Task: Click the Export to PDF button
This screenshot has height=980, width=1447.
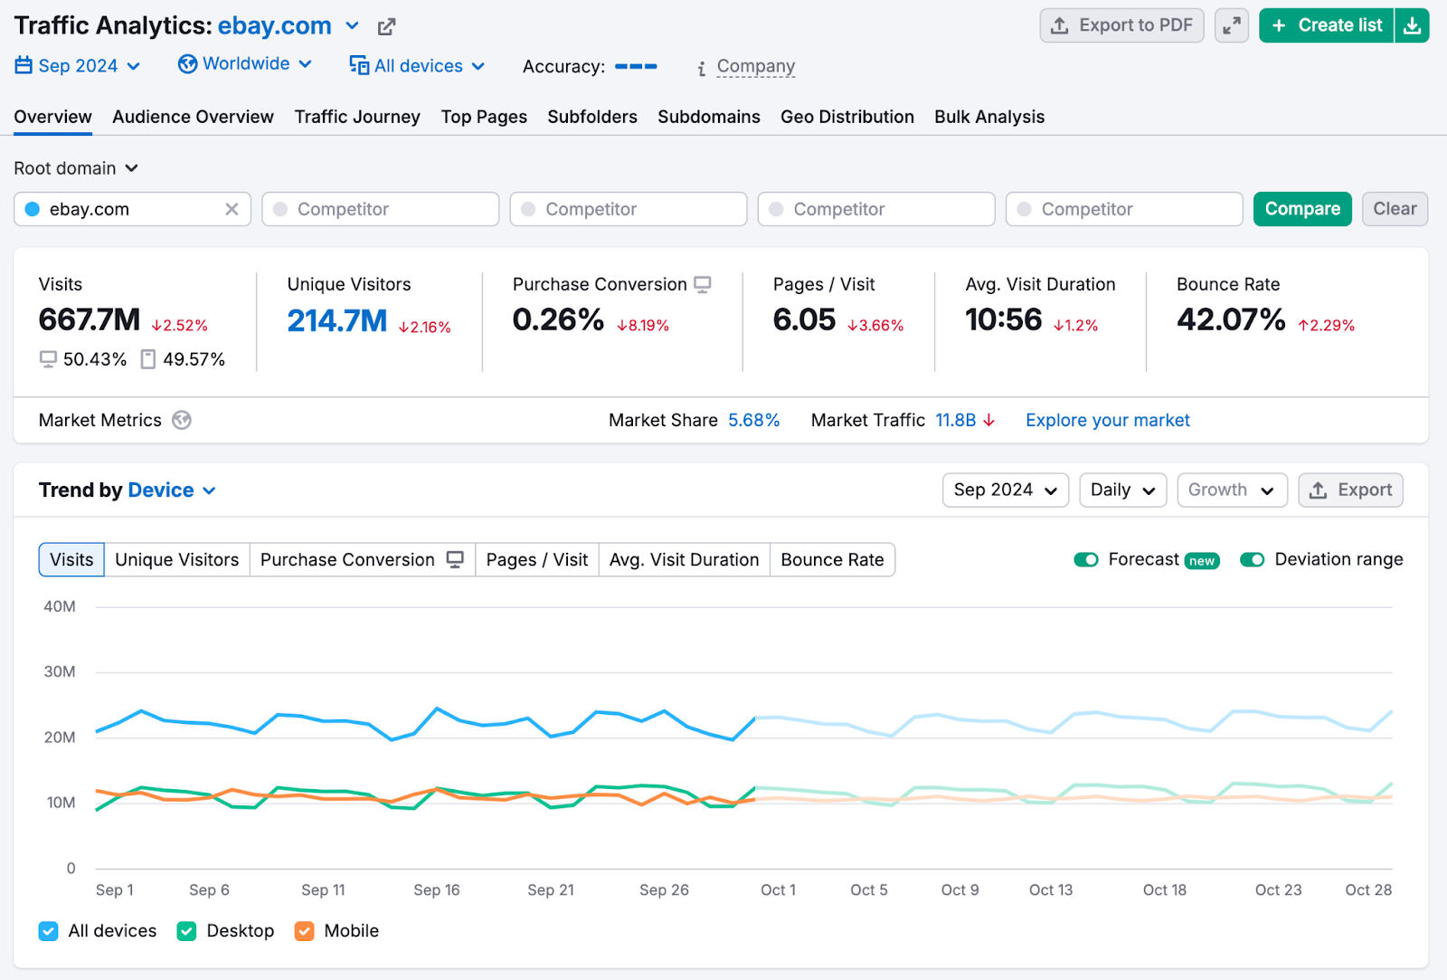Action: (x=1121, y=25)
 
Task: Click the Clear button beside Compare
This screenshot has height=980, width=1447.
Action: (x=1395, y=209)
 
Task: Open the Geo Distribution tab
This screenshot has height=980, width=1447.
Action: (x=846, y=117)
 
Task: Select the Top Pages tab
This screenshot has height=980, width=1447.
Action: (x=484, y=117)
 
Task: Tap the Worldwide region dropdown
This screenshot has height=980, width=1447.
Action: (x=245, y=64)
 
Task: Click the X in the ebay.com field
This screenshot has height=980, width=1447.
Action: (x=232, y=209)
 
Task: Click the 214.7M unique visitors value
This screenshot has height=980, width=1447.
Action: (x=337, y=320)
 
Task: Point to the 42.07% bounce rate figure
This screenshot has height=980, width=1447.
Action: (x=1230, y=319)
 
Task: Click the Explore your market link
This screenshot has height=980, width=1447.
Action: (x=1107, y=420)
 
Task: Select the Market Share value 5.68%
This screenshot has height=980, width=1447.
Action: (x=753, y=420)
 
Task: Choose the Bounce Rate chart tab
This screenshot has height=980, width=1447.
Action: (x=832, y=559)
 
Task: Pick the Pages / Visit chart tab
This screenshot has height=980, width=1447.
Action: (x=536, y=559)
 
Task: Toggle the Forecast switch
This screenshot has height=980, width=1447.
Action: (x=1086, y=559)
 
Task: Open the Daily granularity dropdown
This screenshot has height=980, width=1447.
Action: (x=1122, y=490)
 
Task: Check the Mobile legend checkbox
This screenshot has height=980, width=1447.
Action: (x=305, y=931)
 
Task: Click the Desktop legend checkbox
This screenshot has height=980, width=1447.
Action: (x=187, y=931)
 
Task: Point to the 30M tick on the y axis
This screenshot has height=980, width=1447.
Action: (x=60, y=671)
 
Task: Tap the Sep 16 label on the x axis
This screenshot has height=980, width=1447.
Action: (x=437, y=890)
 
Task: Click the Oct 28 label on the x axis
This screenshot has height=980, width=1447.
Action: (x=1367, y=890)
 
